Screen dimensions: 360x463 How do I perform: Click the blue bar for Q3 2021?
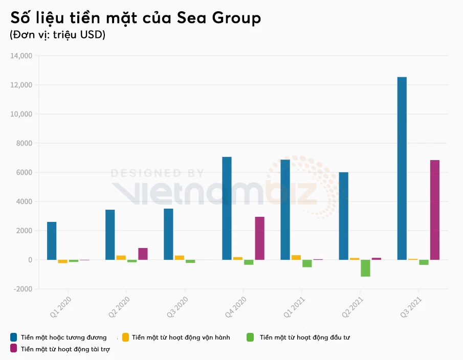(x=402, y=168)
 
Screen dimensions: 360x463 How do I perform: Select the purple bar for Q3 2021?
(x=434, y=210)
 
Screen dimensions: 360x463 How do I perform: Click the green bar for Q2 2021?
(x=365, y=268)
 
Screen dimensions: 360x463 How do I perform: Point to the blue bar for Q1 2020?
(x=52, y=241)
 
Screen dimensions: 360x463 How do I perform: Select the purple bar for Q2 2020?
(x=143, y=254)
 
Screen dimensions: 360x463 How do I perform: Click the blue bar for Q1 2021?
(x=285, y=210)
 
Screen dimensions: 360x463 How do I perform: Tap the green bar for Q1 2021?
(x=307, y=263)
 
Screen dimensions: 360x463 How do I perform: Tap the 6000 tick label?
(x=25, y=172)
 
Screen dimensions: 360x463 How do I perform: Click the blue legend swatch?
(x=14, y=337)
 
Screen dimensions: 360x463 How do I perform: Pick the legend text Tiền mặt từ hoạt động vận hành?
(x=181, y=337)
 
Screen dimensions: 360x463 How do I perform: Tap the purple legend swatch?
(x=14, y=349)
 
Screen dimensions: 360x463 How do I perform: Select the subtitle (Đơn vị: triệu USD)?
(x=57, y=35)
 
